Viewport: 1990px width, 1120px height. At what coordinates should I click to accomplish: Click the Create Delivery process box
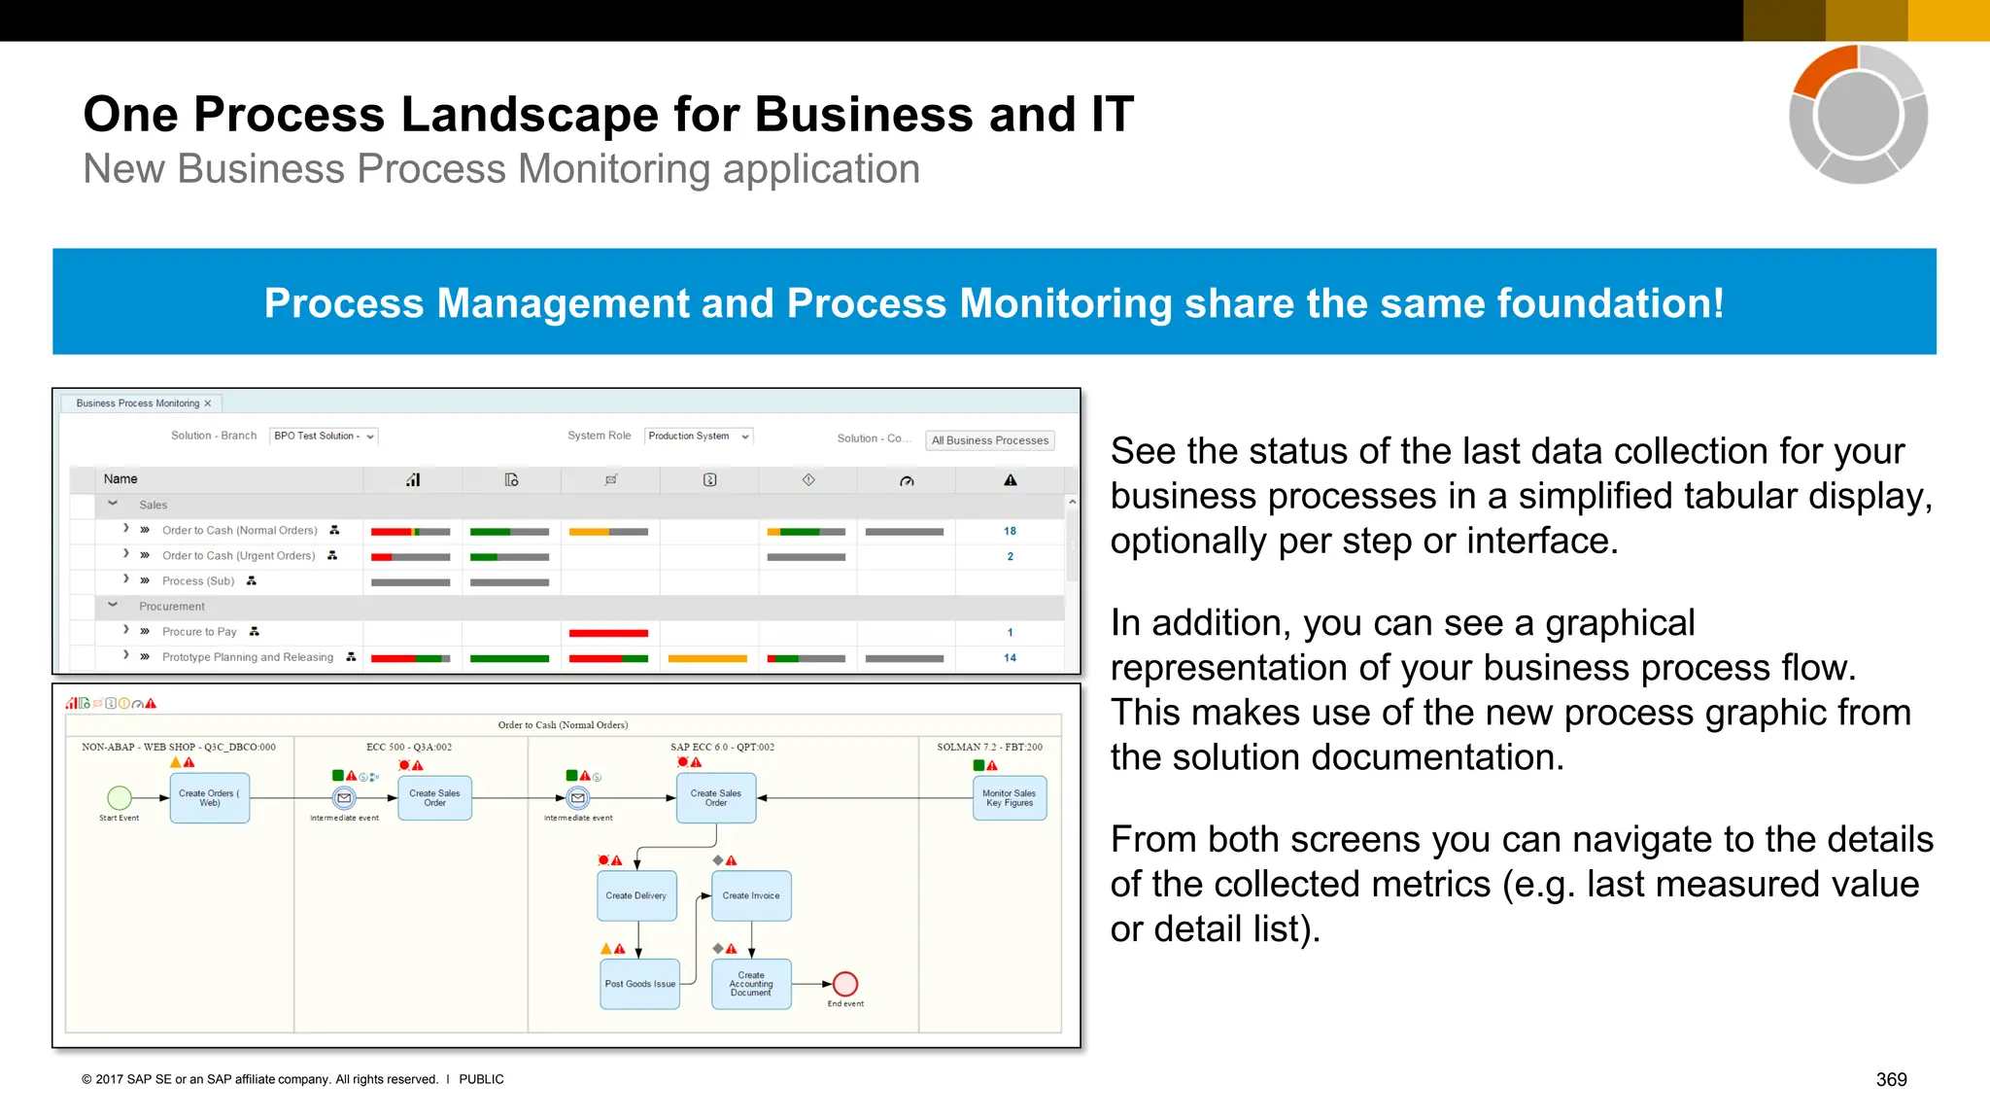point(636,895)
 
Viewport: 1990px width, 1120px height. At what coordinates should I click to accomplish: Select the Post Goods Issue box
point(639,984)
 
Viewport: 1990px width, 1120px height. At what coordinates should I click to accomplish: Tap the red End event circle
point(845,984)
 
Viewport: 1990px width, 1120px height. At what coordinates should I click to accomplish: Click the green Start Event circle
point(120,798)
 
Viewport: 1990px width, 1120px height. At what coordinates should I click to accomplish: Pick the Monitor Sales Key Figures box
point(1010,798)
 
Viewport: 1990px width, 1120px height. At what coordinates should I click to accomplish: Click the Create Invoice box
point(751,895)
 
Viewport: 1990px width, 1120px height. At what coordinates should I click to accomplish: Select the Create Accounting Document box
point(751,984)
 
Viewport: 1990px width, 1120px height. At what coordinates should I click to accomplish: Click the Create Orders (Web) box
point(210,798)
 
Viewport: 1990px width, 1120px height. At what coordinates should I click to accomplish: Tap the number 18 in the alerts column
point(1010,531)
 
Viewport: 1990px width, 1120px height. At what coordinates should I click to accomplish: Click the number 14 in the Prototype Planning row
point(1010,658)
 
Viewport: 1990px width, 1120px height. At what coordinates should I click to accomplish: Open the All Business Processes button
point(989,440)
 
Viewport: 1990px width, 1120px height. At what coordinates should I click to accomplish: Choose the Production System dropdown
point(698,437)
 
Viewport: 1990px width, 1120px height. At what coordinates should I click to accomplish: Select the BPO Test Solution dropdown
point(324,437)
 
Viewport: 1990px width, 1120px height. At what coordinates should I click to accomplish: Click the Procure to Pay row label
point(199,632)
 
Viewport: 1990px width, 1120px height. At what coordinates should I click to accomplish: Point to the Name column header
point(120,479)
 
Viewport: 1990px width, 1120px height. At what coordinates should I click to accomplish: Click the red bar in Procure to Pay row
point(608,633)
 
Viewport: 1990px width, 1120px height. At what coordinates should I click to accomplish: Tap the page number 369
point(1891,1079)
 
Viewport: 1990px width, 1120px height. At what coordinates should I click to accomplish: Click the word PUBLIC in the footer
point(481,1079)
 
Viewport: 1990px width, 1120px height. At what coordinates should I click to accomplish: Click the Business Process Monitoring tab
point(138,403)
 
